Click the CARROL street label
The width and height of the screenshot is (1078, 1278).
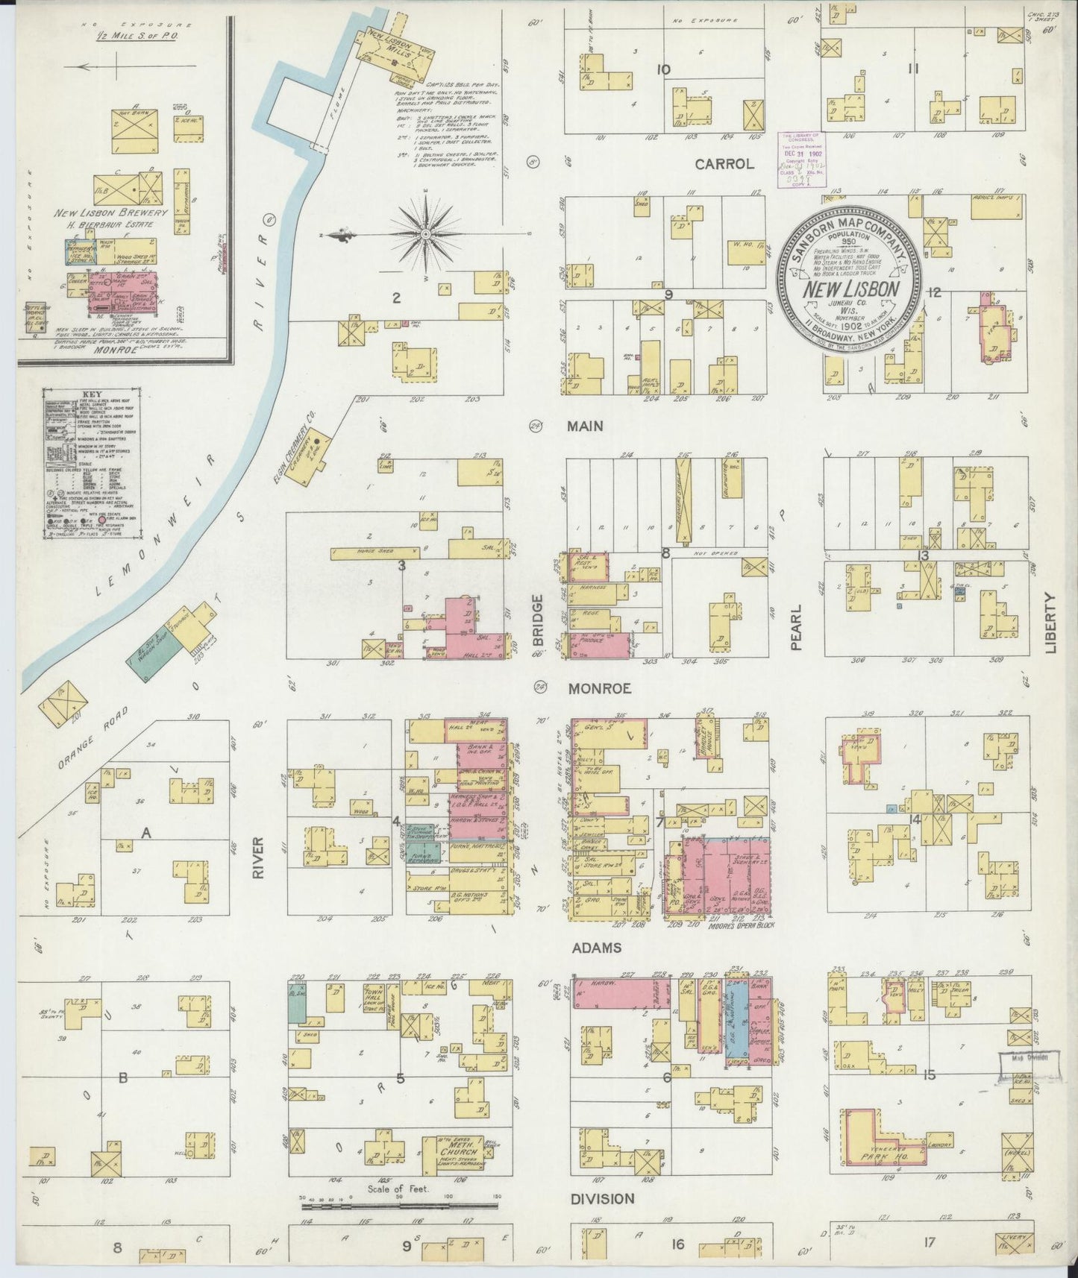(724, 164)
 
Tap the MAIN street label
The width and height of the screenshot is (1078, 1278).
(585, 426)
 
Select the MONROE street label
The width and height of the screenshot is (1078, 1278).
(599, 688)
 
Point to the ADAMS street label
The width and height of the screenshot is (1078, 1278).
(597, 948)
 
